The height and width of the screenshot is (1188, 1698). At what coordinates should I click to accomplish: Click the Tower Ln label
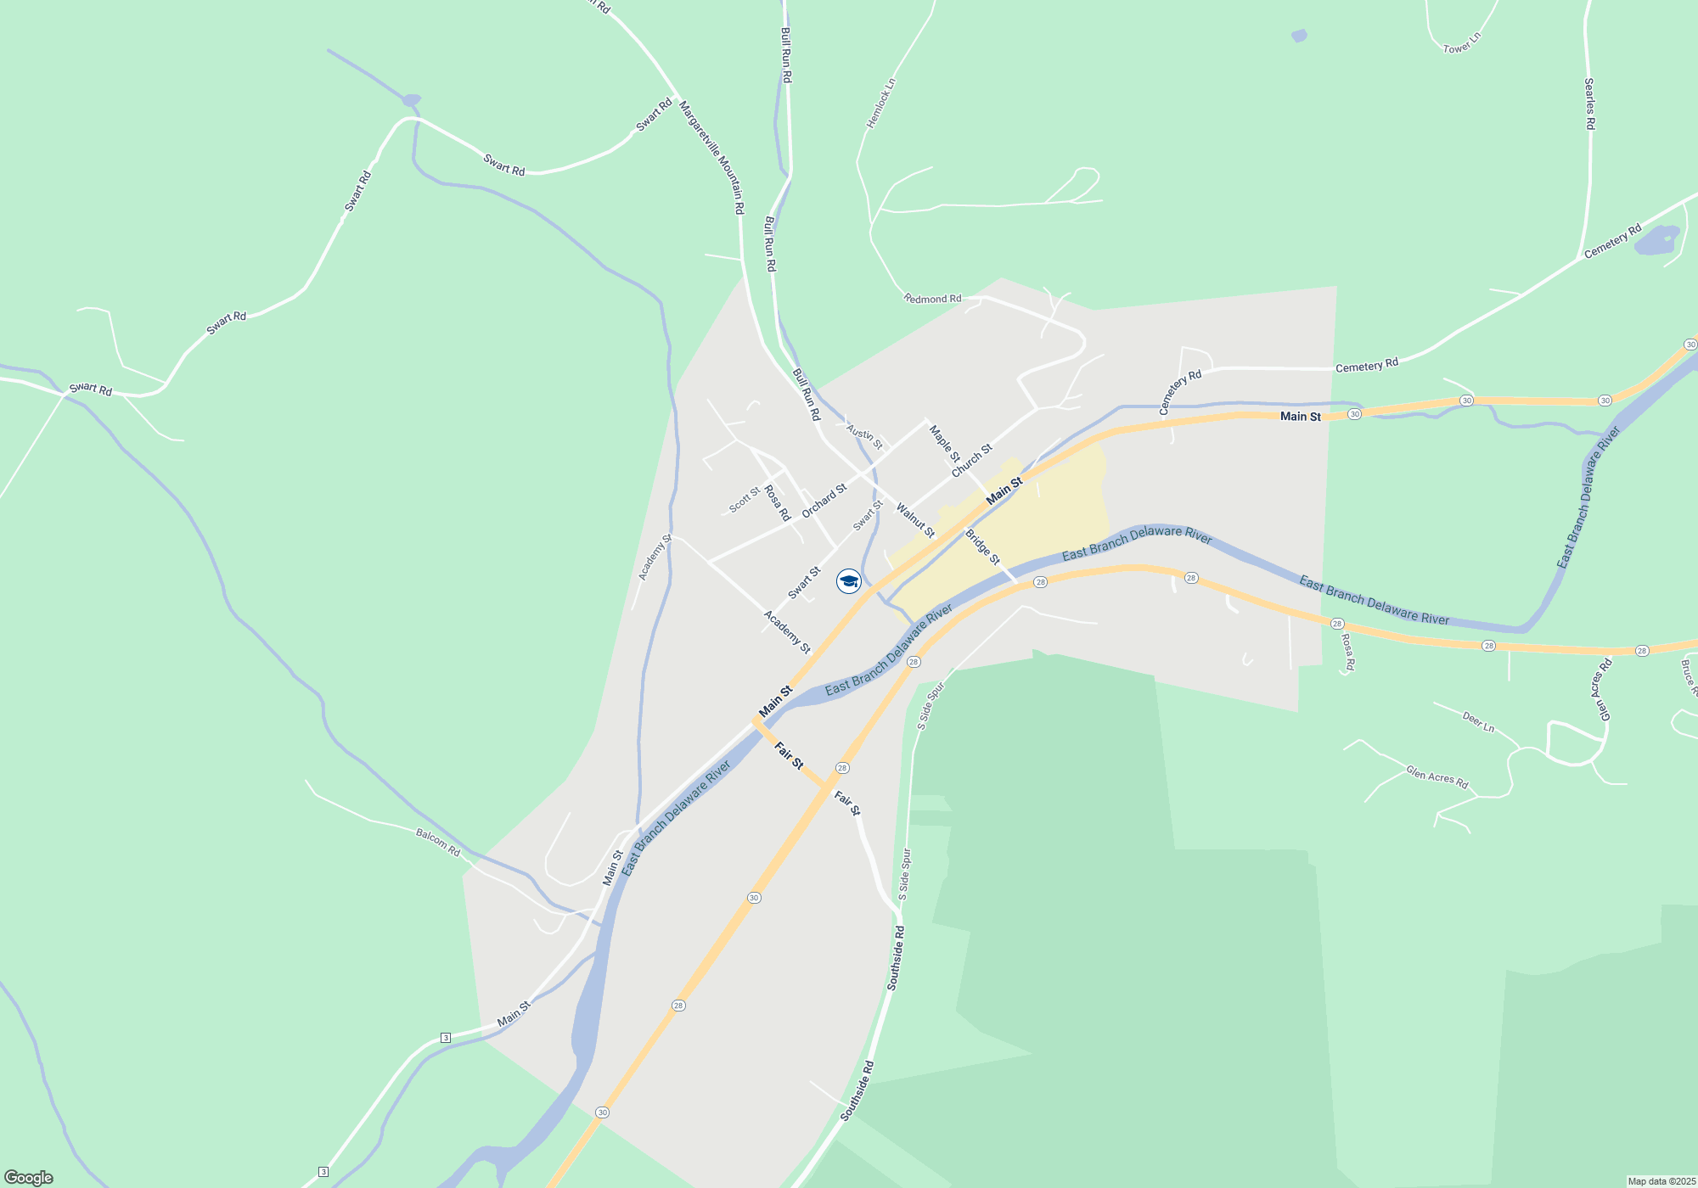(x=1462, y=43)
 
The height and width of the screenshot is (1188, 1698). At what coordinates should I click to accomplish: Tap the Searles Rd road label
(x=1589, y=104)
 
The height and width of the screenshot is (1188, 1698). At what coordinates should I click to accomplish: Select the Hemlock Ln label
(x=880, y=104)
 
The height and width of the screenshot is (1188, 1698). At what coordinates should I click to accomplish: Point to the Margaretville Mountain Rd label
(x=712, y=157)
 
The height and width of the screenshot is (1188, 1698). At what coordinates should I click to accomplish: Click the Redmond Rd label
(x=932, y=299)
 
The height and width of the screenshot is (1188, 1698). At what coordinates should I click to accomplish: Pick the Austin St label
(x=865, y=437)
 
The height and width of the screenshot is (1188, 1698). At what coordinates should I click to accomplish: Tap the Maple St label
(x=944, y=443)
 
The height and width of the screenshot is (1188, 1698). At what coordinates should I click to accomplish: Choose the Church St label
(x=971, y=460)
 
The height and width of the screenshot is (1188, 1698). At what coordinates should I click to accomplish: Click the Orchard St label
(x=824, y=501)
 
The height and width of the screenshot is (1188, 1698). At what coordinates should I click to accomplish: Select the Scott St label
(x=745, y=500)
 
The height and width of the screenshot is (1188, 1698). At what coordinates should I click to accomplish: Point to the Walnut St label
(x=915, y=520)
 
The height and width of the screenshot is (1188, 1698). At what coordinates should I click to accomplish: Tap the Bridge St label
(x=982, y=547)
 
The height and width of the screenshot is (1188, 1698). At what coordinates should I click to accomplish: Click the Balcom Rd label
(x=437, y=842)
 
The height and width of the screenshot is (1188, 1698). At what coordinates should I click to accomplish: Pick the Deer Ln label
(x=1478, y=722)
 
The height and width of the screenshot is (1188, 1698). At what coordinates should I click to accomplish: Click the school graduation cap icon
(x=849, y=581)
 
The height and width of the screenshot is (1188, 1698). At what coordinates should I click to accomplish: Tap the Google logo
(x=29, y=1178)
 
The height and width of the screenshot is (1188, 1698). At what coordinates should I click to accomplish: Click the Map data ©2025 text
(x=1661, y=1181)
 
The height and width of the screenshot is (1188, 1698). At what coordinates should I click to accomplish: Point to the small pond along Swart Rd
(x=412, y=100)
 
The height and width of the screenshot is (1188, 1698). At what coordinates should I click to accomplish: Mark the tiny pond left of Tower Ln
(x=1299, y=36)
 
